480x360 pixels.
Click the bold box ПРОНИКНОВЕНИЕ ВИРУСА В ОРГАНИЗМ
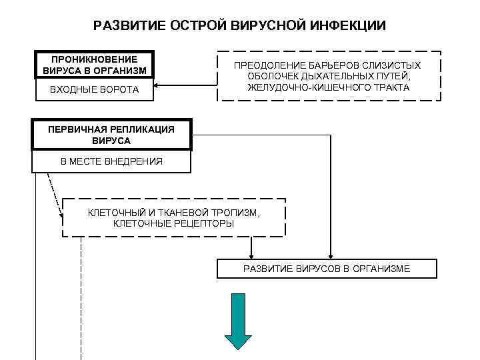[94, 65]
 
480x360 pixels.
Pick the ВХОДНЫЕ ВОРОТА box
[94, 90]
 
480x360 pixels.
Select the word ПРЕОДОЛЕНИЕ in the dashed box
[269, 65]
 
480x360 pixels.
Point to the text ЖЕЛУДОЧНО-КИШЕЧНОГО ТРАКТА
[328, 87]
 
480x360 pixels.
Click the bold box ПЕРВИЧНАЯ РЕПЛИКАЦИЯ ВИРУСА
[111, 135]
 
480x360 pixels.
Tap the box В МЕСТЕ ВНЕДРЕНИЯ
[111, 161]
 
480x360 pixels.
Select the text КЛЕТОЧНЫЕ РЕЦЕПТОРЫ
[174, 223]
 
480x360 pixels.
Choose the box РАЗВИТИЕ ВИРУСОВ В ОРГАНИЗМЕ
[327, 269]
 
